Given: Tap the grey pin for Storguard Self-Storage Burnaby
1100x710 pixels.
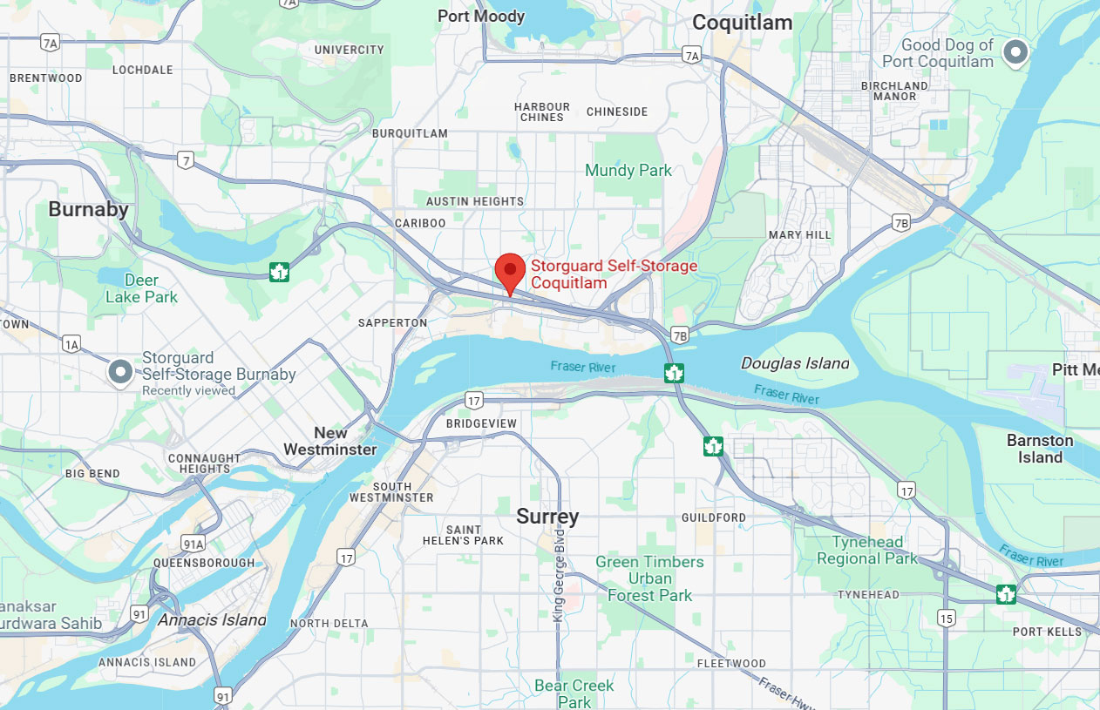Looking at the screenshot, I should [x=119, y=372].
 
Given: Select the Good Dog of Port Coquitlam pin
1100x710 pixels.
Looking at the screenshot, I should [x=1015, y=52].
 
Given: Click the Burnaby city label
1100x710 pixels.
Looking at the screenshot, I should [x=88, y=209].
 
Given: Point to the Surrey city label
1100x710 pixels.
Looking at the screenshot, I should [x=547, y=517].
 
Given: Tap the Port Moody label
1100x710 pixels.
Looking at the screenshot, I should [x=481, y=16].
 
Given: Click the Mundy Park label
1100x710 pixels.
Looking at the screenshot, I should [x=628, y=170].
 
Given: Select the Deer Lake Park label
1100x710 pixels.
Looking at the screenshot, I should [x=141, y=288].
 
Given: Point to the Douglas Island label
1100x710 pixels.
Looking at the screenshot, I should [x=794, y=363].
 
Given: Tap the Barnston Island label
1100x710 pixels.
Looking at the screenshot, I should [x=1040, y=449].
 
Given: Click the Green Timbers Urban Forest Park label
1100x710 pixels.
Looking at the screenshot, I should [x=649, y=578].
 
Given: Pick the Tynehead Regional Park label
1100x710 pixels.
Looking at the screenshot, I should [x=867, y=551].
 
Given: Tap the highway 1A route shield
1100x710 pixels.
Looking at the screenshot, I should [x=71, y=345].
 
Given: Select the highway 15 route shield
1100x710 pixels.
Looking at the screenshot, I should [x=947, y=618].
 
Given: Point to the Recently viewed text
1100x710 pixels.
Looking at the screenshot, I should [x=188, y=391].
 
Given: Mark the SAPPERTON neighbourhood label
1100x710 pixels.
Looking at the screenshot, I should [x=393, y=322].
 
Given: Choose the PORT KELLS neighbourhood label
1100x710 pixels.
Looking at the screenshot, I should [x=1047, y=632].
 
